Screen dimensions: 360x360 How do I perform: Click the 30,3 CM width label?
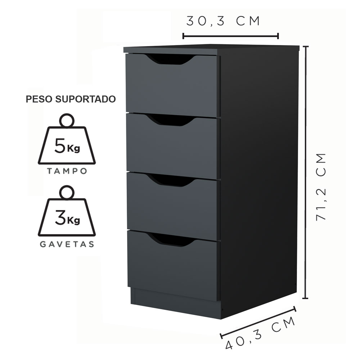tap(223, 21)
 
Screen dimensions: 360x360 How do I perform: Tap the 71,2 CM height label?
tap(321, 186)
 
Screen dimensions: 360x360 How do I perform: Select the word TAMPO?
tap(67, 171)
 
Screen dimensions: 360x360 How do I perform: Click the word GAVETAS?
tap(67, 244)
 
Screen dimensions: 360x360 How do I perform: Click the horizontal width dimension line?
tap(231, 36)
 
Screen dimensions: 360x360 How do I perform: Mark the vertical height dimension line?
tap(305, 172)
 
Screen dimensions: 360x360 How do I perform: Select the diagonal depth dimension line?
tap(258, 322)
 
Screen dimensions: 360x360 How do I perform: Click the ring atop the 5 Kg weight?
tap(67, 120)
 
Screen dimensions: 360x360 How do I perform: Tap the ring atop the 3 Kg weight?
tap(67, 192)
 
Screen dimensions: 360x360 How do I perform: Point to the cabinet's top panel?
tap(211, 50)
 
